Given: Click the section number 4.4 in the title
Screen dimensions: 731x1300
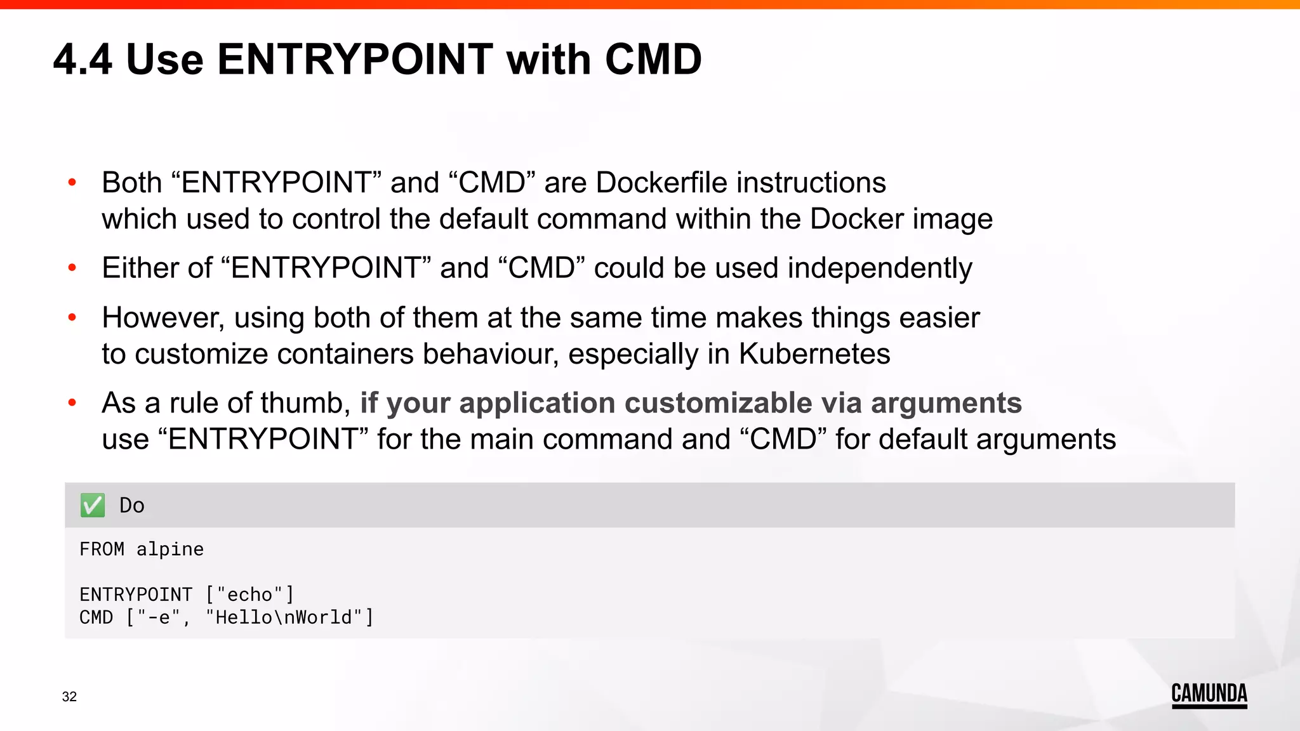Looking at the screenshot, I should [x=83, y=60].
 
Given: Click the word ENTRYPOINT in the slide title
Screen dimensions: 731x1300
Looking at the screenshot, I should [x=355, y=60].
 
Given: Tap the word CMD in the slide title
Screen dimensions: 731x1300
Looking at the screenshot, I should [x=653, y=60].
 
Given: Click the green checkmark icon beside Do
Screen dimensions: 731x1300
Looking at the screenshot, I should [x=93, y=506].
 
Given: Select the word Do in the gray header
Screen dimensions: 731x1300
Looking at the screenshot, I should [x=132, y=506].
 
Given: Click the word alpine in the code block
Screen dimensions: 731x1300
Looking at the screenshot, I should [x=170, y=550].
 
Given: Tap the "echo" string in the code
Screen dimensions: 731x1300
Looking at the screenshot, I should [x=249, y=595].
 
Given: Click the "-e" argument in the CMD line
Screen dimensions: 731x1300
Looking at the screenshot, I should [x=159, y=617].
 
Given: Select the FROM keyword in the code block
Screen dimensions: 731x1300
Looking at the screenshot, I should [x=102, y=550].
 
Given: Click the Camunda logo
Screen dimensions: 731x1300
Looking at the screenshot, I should [x=1209, y=694].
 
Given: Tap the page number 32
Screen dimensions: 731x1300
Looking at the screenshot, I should [x=69, y=697].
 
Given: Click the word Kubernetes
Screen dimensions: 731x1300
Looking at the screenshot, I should [x=814, y=354].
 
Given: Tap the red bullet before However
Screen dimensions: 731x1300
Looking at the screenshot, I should [x=72, y=317].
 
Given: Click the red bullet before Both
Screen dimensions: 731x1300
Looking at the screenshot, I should [x=72, y=183].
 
